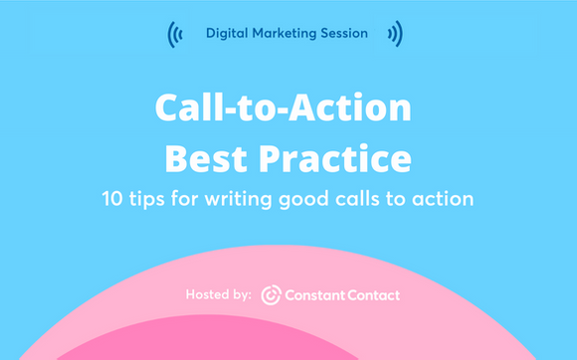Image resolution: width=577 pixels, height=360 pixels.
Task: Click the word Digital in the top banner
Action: point(227,34)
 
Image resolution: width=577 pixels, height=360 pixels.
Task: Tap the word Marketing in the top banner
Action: point(286,34)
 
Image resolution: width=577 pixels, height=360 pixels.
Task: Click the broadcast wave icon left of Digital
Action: point(176,35)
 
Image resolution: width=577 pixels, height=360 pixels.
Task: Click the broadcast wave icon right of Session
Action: point(395,35)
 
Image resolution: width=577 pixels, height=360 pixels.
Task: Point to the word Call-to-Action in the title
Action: point(288,108)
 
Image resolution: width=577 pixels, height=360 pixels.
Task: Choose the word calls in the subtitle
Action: point(379,198)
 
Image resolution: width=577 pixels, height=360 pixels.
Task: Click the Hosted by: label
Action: point(218,295)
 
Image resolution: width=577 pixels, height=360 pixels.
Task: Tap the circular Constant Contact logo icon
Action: point(271,295)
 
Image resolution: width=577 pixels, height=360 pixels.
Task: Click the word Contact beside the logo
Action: point(373,295)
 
